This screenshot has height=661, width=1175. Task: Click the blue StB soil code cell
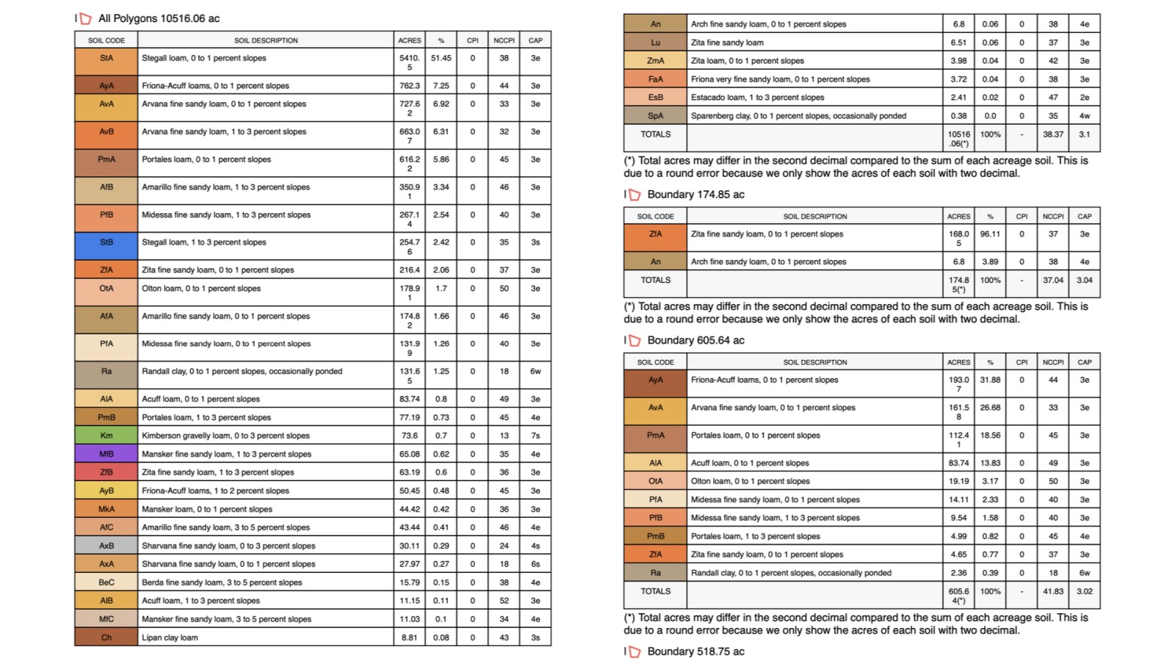point(106,242)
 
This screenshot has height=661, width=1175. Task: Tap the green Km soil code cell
point(106,436)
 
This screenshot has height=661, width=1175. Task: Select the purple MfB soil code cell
point(106,454)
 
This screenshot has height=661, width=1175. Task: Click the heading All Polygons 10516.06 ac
point(159,18)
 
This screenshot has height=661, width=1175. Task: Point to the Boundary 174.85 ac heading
point(695,195)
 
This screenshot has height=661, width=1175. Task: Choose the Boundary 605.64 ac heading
point(695,341)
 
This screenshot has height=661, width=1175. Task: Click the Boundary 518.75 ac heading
point(695,651)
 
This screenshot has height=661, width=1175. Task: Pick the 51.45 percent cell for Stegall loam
point(441,58)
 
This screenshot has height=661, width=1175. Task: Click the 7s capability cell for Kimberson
point(535,436)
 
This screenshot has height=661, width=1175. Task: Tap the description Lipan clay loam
point(170,637)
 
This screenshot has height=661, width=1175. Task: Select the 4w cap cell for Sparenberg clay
point(1084,116)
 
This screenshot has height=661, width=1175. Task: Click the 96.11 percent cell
point(990,234)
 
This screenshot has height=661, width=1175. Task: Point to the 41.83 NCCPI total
point(1052,591)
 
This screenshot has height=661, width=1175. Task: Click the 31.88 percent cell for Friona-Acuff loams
point(990,380)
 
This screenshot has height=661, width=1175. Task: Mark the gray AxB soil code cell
point(106,546)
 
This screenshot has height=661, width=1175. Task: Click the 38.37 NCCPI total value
point(1052,134)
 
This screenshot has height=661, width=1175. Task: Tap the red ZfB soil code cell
point(106,472)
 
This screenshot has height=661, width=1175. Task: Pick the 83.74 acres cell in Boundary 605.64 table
point(958,463)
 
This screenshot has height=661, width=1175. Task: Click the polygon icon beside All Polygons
point(86,18)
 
